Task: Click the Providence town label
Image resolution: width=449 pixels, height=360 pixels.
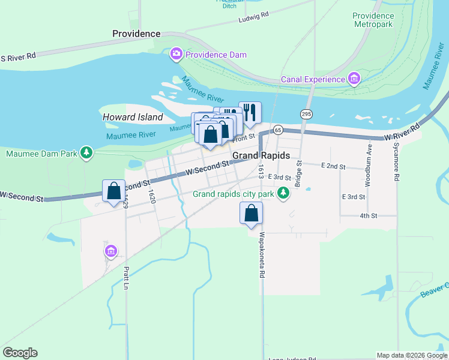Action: [x=136, y=34]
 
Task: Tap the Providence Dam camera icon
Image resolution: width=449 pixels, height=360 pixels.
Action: [x=176, y=55]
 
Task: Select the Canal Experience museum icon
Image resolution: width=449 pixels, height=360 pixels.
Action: [x=354, y=79]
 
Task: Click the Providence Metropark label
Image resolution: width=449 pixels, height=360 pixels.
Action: [x=373, y=20]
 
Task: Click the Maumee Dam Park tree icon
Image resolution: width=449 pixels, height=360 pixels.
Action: [x=87, y=154]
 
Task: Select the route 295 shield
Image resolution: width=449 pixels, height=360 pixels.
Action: [x=306, y=114]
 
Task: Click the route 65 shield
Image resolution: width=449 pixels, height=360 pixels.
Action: [x=278, y=130]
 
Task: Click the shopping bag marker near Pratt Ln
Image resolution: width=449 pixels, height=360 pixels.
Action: [x=113, y=191]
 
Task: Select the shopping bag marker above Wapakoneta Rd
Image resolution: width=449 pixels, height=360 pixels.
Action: [x=251, y=214]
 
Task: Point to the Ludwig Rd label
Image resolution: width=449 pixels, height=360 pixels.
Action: [x=253, y=14]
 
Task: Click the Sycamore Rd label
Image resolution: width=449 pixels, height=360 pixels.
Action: [x=396, y=162]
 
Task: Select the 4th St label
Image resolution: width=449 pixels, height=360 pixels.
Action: [x=368, y=215]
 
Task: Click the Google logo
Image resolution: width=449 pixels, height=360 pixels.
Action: [x=20, y=353]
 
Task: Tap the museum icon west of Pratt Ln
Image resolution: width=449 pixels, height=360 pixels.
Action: [x=110, y=251]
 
